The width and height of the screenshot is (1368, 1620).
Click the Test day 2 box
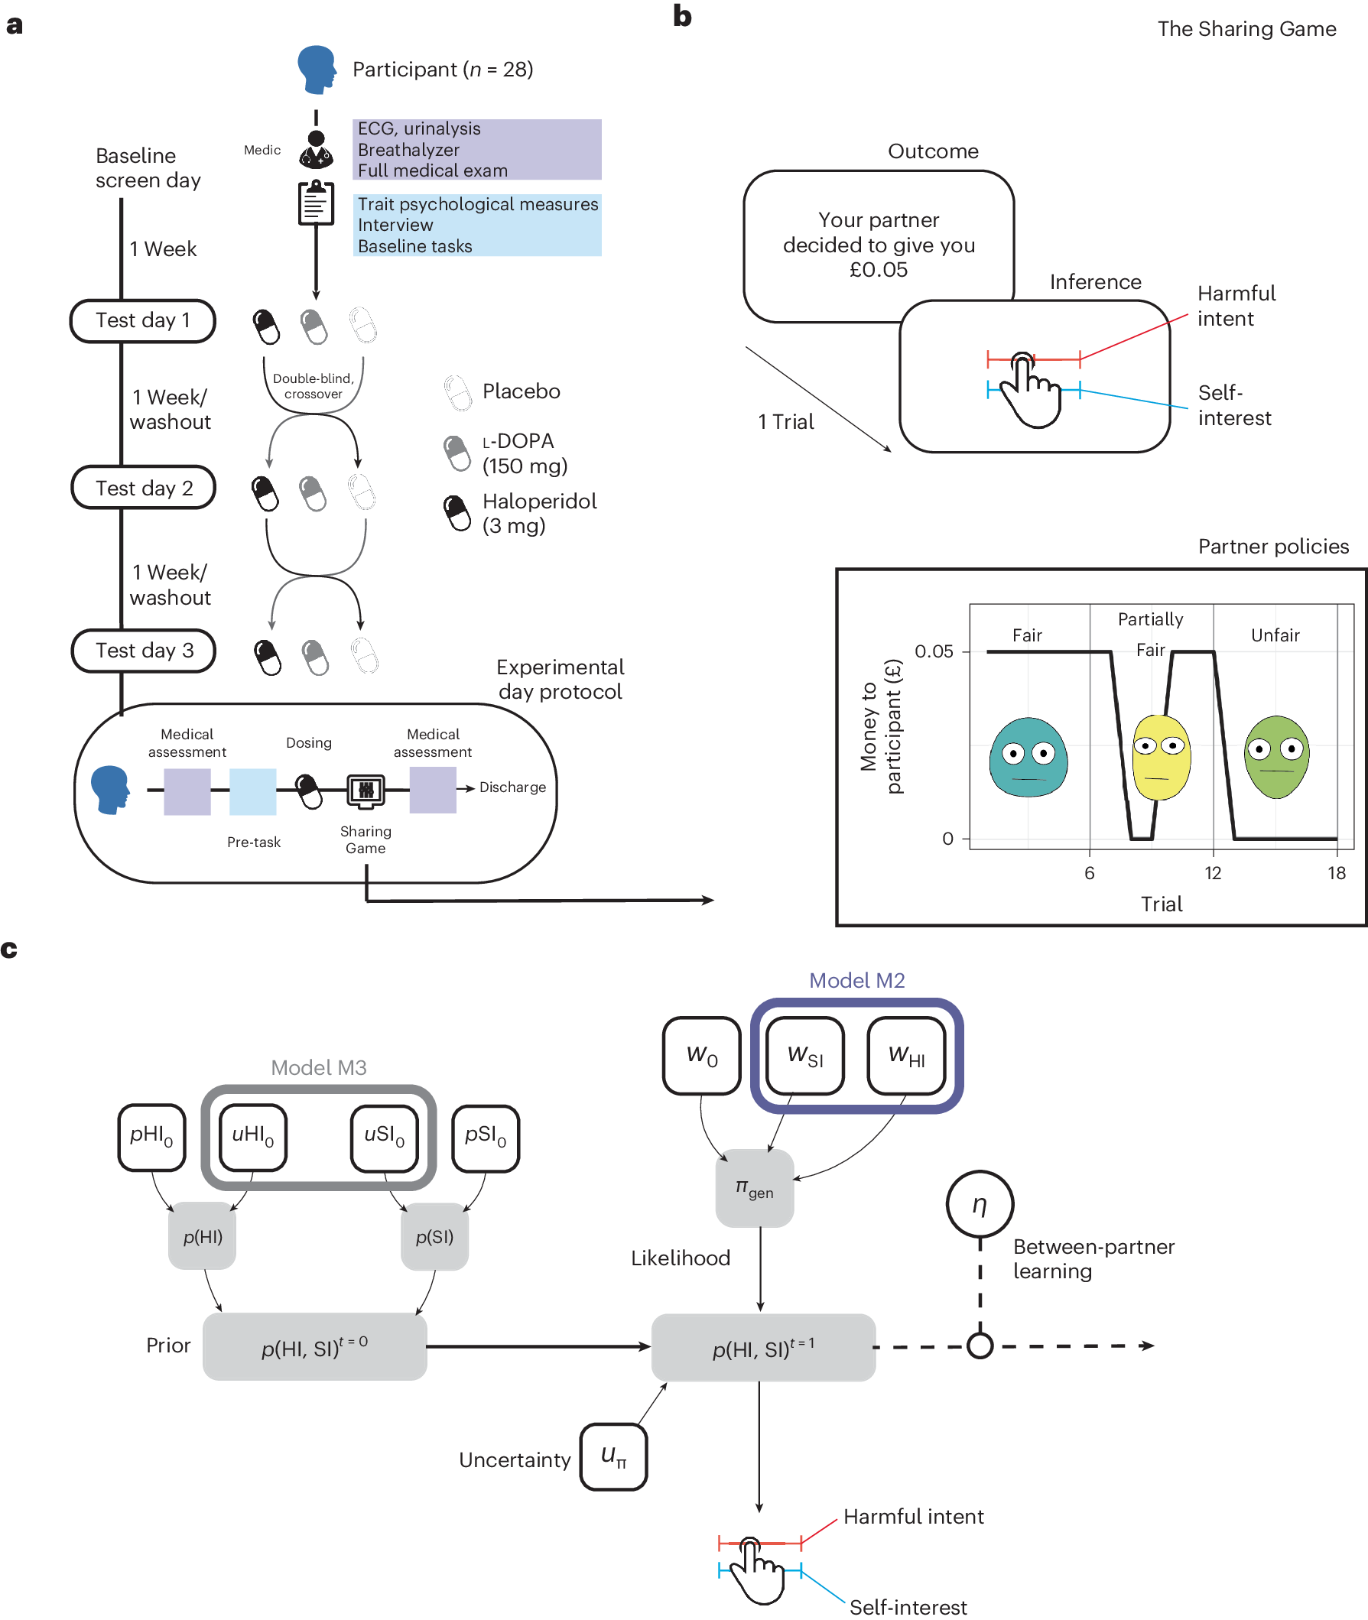[x=144, y=488]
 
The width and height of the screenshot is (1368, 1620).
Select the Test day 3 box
[x=144, y=651]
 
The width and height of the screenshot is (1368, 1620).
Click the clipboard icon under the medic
[x=317, y=203]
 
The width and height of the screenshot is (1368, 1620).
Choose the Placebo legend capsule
[x=457, y=392]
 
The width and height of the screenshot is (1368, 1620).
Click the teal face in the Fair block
[x=1028, y=757]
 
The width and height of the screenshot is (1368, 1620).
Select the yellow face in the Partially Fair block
[x=1161, y=757]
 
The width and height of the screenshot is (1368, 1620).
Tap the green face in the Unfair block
[x=1276, y=757]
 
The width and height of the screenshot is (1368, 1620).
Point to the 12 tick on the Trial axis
[x=1213, y=873]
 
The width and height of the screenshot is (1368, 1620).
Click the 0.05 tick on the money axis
[x=934, y=651]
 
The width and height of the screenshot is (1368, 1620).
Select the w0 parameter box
[x=702, y=1056]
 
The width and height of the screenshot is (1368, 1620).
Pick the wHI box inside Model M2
[x=907, y=1056]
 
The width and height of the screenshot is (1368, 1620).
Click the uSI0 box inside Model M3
[x=385, y=1137]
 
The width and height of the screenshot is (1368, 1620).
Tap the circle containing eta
[x=980, y=1204]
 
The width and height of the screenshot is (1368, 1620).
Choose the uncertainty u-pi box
[x=613, y=1456]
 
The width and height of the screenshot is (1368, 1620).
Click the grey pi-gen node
[x=755, y=1188]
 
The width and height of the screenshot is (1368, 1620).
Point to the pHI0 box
[x=152, y=1137]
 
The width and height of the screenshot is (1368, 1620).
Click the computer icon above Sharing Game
[x=366, y=791]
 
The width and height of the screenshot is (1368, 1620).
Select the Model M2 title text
[x=857, y=981]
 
